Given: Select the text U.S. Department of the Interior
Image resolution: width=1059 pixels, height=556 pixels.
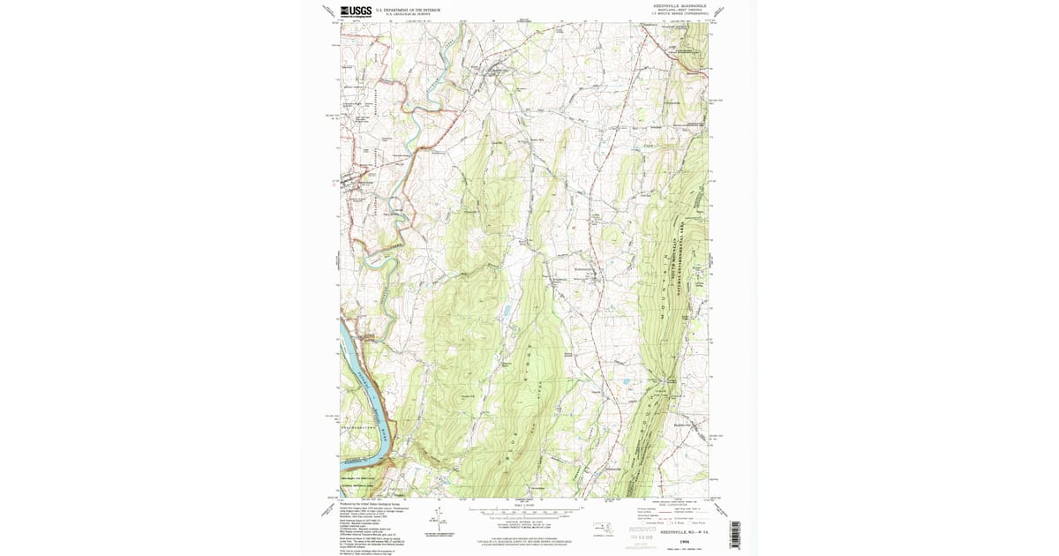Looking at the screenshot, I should tap(405, 11).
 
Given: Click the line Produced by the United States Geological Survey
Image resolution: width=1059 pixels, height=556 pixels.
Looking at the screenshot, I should tap(369, 504).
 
